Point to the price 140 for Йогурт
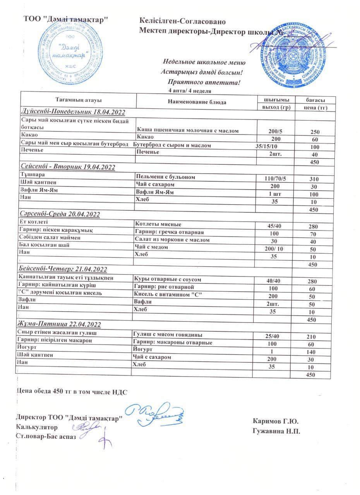click(311, 352)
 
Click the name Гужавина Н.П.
click(276, 431)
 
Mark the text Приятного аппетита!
click(204, 82)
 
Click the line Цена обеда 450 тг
click(72, 392)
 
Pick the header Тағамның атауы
click(79, 99)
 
